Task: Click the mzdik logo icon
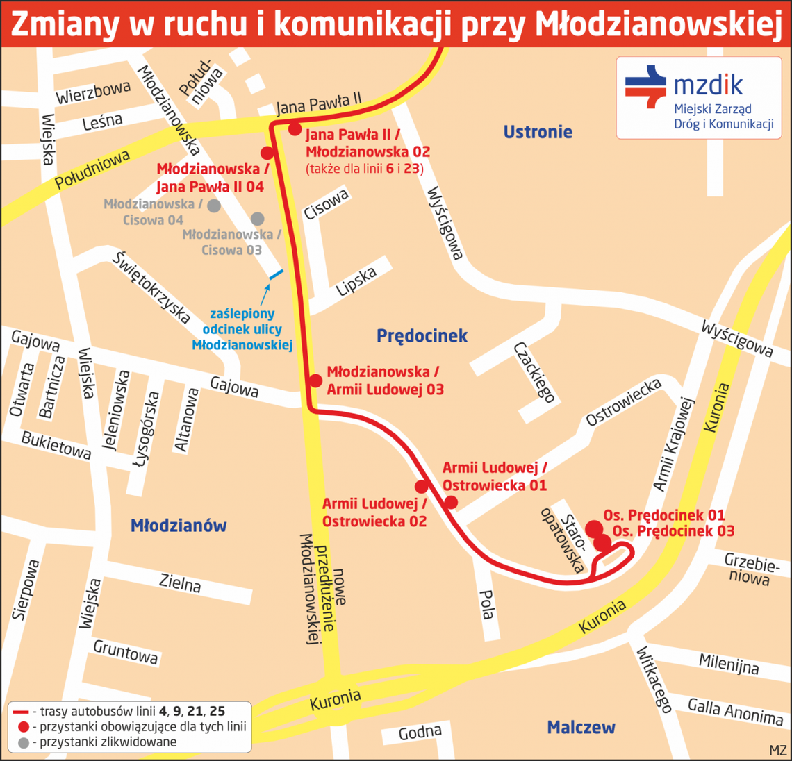point(645,86)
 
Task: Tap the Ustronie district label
point(538,132)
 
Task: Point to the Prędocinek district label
point(422,336)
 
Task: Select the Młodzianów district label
point(179,526)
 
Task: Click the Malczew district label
point(581,728)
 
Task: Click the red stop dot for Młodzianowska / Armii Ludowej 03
point(315,380)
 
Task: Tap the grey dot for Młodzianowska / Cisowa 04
point(214,206)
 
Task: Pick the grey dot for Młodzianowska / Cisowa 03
point(257,219)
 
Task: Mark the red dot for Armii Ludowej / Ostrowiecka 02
point(421,487)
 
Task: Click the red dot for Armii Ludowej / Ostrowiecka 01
point(451,502)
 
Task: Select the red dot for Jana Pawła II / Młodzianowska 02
point(295,129)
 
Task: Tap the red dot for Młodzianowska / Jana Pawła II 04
point(267,153)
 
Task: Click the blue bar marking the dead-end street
point(276,274)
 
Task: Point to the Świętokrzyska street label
point(151,287)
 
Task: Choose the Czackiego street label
point(535,372)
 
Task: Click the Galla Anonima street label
point(735,712)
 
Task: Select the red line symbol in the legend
point(21,712)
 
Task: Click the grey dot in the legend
point(24,743)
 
